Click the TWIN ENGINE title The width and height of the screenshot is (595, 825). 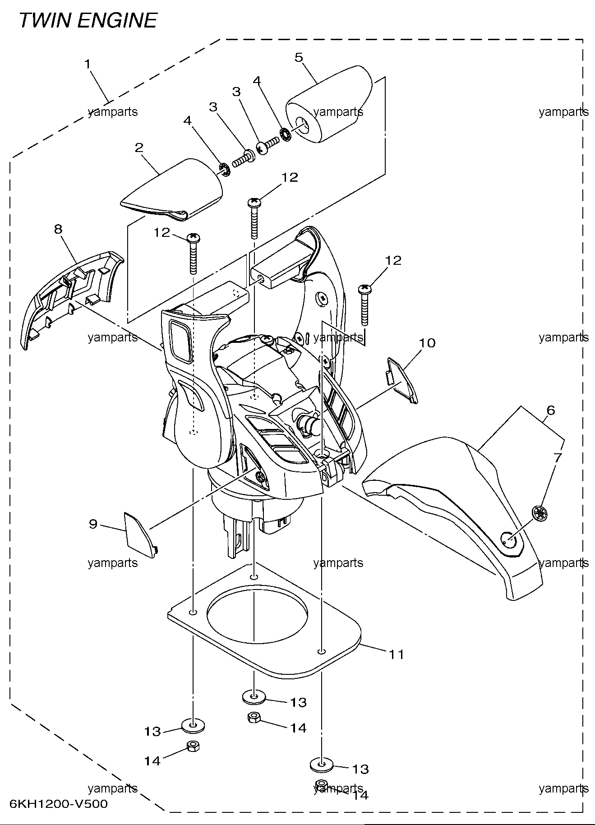tap(88, 20)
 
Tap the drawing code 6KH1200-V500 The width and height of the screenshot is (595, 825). tap(59, 804)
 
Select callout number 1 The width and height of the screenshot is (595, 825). tap(88, 64)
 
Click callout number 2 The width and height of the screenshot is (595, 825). tap(139, 147)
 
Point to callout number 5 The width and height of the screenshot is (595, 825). tap(299, 57)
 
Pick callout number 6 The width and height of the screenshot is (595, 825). tap(550, 410)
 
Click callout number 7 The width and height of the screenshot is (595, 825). tap(558, 457)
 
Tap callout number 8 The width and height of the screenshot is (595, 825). tap(58, 229)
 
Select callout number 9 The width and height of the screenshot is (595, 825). tap(93, 524)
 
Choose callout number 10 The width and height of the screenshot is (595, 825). tap(427, 343)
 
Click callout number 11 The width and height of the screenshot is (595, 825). tap(397, 654)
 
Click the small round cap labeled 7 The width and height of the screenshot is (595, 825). tap(539, 513)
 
